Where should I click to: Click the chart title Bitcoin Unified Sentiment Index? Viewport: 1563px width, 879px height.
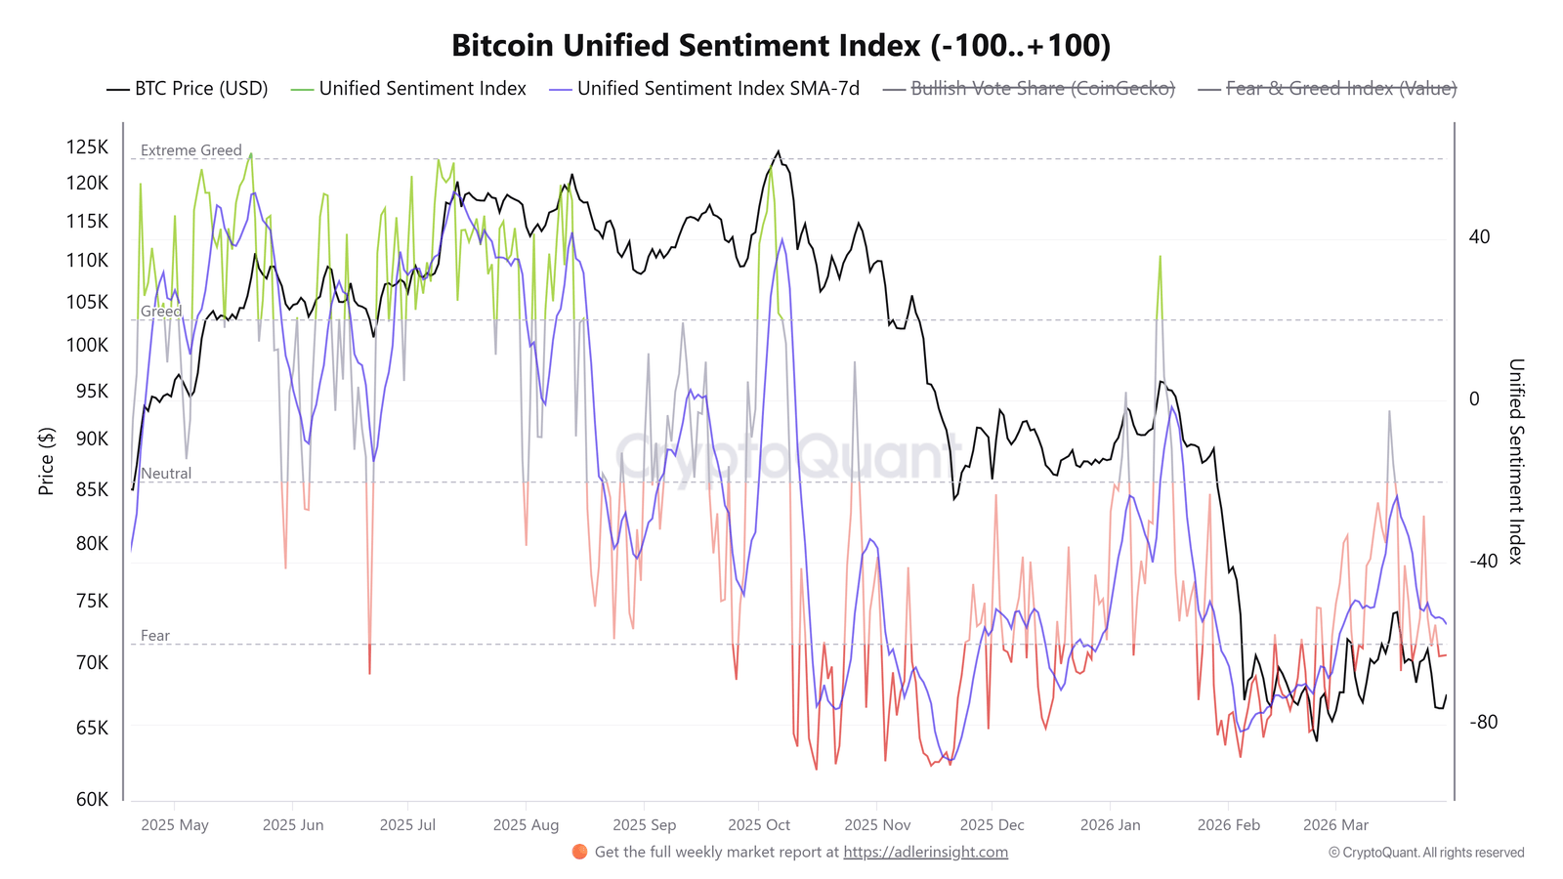coord(781,46)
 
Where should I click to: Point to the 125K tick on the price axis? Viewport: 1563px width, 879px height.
coord(87,147)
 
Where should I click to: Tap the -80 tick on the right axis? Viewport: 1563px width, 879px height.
coord(1484,723)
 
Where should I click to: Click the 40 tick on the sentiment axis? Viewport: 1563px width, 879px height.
coord(1479,237)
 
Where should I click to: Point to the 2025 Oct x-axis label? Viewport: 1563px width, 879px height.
coord(759,825)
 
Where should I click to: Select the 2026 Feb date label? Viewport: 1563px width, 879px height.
coord(1228,825)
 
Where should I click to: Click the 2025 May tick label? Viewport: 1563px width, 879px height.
coord(175,825)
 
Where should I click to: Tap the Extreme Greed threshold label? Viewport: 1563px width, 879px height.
coord(190,150)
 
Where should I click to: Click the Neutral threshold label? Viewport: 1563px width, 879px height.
coord(166,474)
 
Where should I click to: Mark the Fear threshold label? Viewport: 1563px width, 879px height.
coord(155,636)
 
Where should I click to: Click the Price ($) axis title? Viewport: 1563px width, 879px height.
coord(46,461)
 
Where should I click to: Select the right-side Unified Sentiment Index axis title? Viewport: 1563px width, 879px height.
coord(1515,461)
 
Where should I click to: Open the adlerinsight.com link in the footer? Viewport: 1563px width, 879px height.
coord(925,853)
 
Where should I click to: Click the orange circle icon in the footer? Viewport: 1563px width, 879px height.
coord(579,852)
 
